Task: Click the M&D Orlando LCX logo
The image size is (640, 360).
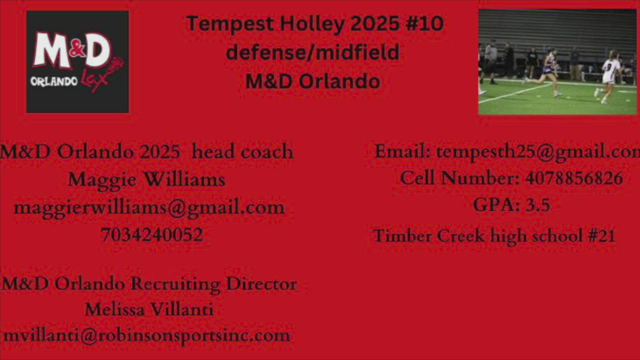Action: point(77,61)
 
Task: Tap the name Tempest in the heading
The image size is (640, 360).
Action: point(230,24)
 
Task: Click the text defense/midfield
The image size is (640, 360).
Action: point(312,52)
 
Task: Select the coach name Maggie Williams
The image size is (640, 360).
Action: point(146,180)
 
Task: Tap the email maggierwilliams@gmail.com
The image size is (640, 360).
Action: point(149,208)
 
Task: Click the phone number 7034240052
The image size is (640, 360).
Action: point(152,234)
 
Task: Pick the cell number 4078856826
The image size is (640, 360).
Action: point(574,178)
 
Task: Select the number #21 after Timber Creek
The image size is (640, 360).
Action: point(601,235)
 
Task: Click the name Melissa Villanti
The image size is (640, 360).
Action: point(149,309)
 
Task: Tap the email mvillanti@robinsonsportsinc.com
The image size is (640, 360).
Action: point(146,336)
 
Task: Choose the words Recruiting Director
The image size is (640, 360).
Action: point(213,284)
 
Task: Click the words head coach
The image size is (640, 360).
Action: point(242,151)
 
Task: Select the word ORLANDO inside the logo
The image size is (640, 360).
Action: point(54,82)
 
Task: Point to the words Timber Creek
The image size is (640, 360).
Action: point(429,235)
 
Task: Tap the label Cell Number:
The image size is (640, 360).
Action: point(459,178)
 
